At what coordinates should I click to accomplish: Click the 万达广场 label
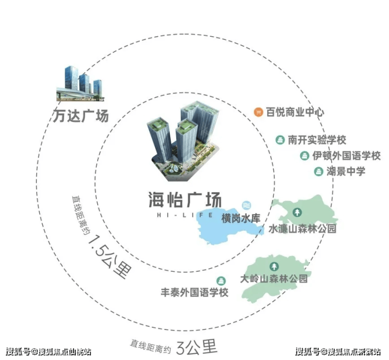click(x=81, y=116)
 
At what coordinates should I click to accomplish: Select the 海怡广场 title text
click(x=185, y=200)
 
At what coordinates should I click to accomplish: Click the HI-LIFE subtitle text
click(x=185, y=215)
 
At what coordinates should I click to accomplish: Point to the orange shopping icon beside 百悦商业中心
click(x=258, y=112)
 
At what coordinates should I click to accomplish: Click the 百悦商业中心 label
click(x=295, y=112)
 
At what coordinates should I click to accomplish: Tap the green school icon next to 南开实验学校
click(x=280, y=140)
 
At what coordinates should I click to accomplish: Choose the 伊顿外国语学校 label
click(x=346, y=156)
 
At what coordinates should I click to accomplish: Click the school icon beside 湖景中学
click(x=319, y=171)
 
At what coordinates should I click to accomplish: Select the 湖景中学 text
click(x=346, y=171)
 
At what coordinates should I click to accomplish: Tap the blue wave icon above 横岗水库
click(x=247, y=205)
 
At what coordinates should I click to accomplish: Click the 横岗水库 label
click(x=241, y=218)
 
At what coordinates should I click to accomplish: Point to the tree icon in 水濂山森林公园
click(x=297, y=212)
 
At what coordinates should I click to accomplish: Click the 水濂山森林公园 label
click(x=302, y=229)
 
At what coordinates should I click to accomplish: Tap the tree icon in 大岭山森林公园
click(x=274, y=266)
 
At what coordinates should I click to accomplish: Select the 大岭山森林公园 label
click(x=274, y=279)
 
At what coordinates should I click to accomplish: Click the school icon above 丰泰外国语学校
click(x=221, y=281)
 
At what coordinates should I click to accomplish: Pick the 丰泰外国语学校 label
click(x=194, y=292)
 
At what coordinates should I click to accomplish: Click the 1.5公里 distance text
click(x=110, y=256)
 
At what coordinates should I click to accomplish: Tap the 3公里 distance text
click(x=197, y=347)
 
